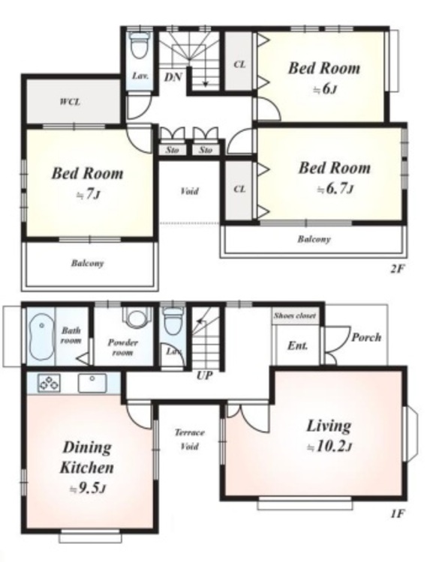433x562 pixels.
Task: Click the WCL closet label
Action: pos(70,102)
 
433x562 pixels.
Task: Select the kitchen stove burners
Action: pos(49,383)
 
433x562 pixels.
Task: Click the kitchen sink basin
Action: pos(92,383)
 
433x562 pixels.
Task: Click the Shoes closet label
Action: pos(295,315)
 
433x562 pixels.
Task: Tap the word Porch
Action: pos(366,337)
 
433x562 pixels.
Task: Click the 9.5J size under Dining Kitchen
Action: pos(88,488)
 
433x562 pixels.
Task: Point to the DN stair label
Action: pos(173,76)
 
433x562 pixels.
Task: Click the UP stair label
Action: pos(205,375)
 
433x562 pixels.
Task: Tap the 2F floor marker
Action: pos(398,268)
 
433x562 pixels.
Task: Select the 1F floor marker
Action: pos(398,513)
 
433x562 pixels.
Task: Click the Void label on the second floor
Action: pos(189,191)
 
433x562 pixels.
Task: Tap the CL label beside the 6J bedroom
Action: pos(239,64)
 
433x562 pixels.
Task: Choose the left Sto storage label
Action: pos(172,150)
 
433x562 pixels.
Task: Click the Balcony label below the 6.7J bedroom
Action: pos(314,239)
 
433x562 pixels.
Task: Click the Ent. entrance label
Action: pos(298,346)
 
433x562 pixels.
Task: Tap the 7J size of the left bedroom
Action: pos(89,195)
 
